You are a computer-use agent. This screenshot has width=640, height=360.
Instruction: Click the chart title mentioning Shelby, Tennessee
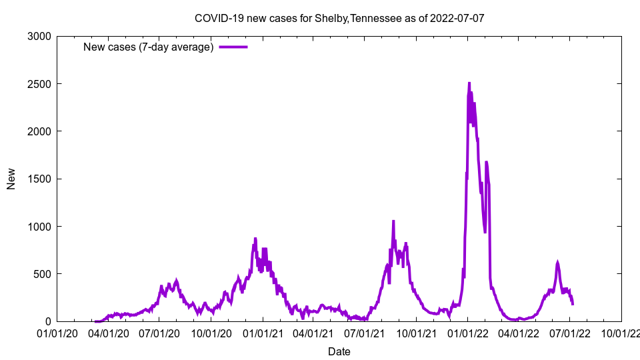click(339, 18)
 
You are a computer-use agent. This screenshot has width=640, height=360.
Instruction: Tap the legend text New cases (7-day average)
click(148, 47)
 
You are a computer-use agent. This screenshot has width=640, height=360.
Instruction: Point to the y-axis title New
click(11, 179)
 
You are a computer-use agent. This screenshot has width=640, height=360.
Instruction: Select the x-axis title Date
click(339, 351)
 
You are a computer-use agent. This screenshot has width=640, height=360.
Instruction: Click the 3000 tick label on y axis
click(39, 36)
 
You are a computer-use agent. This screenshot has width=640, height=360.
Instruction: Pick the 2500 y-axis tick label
click(39, 84)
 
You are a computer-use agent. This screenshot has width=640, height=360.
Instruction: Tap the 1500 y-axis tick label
click(39, 179)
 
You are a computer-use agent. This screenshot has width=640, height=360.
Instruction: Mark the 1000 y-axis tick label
click(39, 227)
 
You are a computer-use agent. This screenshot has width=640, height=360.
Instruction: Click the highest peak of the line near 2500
click(469, 83)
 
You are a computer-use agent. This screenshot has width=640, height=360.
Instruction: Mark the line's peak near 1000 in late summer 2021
click(393, 221)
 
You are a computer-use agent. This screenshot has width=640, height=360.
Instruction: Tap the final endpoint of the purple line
click(573, 304)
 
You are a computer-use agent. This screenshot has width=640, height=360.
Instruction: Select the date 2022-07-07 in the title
click(457, 18)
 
